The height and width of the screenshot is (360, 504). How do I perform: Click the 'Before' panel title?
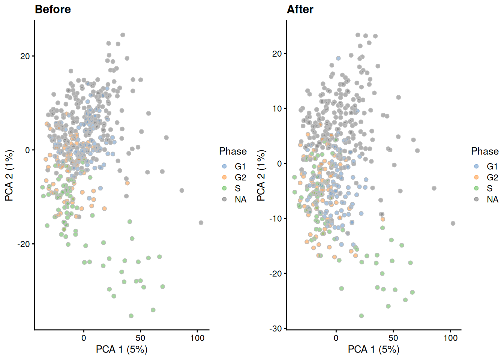coord(52,9)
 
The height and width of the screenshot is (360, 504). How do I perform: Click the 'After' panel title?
coord(300,9)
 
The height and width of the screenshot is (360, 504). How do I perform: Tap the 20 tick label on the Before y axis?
coord(25,56)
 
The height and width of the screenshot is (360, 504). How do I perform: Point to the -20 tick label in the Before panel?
coord(23,244)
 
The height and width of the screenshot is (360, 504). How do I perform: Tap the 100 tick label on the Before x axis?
coord(197,338)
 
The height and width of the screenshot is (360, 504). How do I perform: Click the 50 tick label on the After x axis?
coord(393,338)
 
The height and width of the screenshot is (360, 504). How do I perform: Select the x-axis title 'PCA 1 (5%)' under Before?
coord(121,349)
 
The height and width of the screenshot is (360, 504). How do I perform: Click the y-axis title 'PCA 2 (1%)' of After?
coord(261,175)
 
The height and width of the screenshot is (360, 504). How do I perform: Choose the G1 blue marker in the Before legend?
coord(224,166)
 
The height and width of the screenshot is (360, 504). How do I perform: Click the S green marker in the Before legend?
coord(224,188)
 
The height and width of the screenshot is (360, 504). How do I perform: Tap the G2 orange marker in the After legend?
coord(476,177)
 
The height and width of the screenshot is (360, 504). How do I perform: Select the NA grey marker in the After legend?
coord(476,199)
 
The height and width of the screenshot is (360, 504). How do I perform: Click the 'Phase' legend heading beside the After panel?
coord(484,151)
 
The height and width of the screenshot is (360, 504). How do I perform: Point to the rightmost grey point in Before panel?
coord(201,223)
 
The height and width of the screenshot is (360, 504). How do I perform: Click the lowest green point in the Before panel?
coord(131,316)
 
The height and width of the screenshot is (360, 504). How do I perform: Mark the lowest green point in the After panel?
coord(361,316)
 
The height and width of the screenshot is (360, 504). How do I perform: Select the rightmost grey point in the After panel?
coord(453,223)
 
